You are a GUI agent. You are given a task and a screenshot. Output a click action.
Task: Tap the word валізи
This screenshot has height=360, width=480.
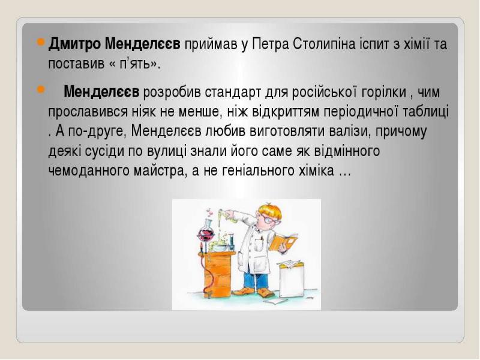pos(350,131)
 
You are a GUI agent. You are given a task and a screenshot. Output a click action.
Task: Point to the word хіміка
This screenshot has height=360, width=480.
pos(316,170)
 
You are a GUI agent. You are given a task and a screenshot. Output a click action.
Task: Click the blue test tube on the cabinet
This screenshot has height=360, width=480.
pos(232,242)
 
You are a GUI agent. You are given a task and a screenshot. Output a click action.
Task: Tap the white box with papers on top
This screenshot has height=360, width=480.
pos(292,279)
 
